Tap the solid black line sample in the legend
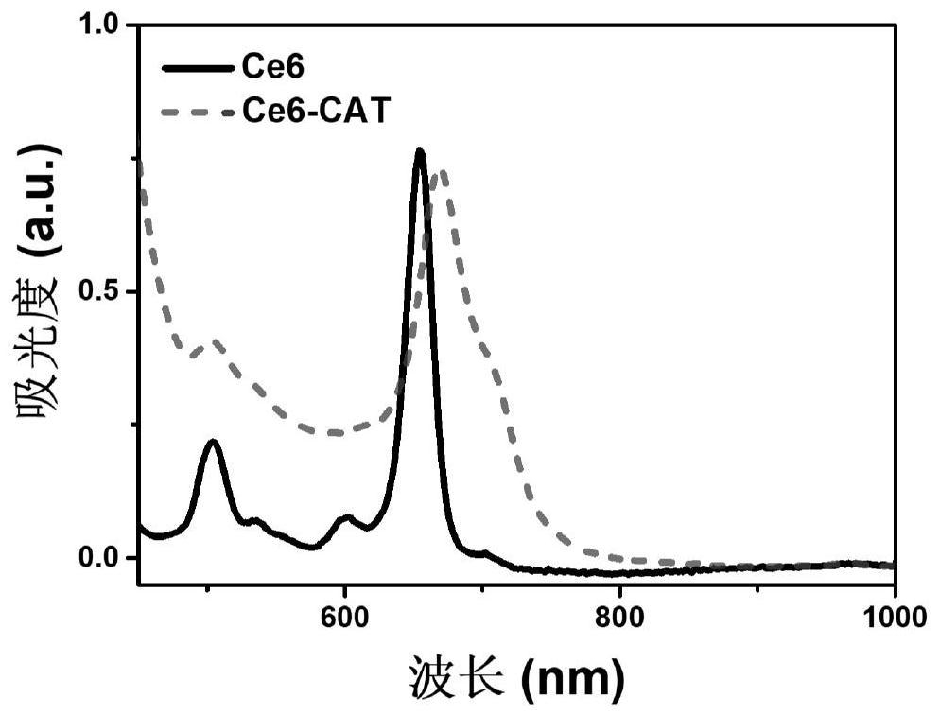point(197,68)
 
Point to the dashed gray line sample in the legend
point(197,113)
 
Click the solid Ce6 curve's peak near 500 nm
point(213,441)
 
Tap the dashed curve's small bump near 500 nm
point(216,341)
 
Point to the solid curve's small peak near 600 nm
point(348,516)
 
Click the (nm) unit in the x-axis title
point(575,676)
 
